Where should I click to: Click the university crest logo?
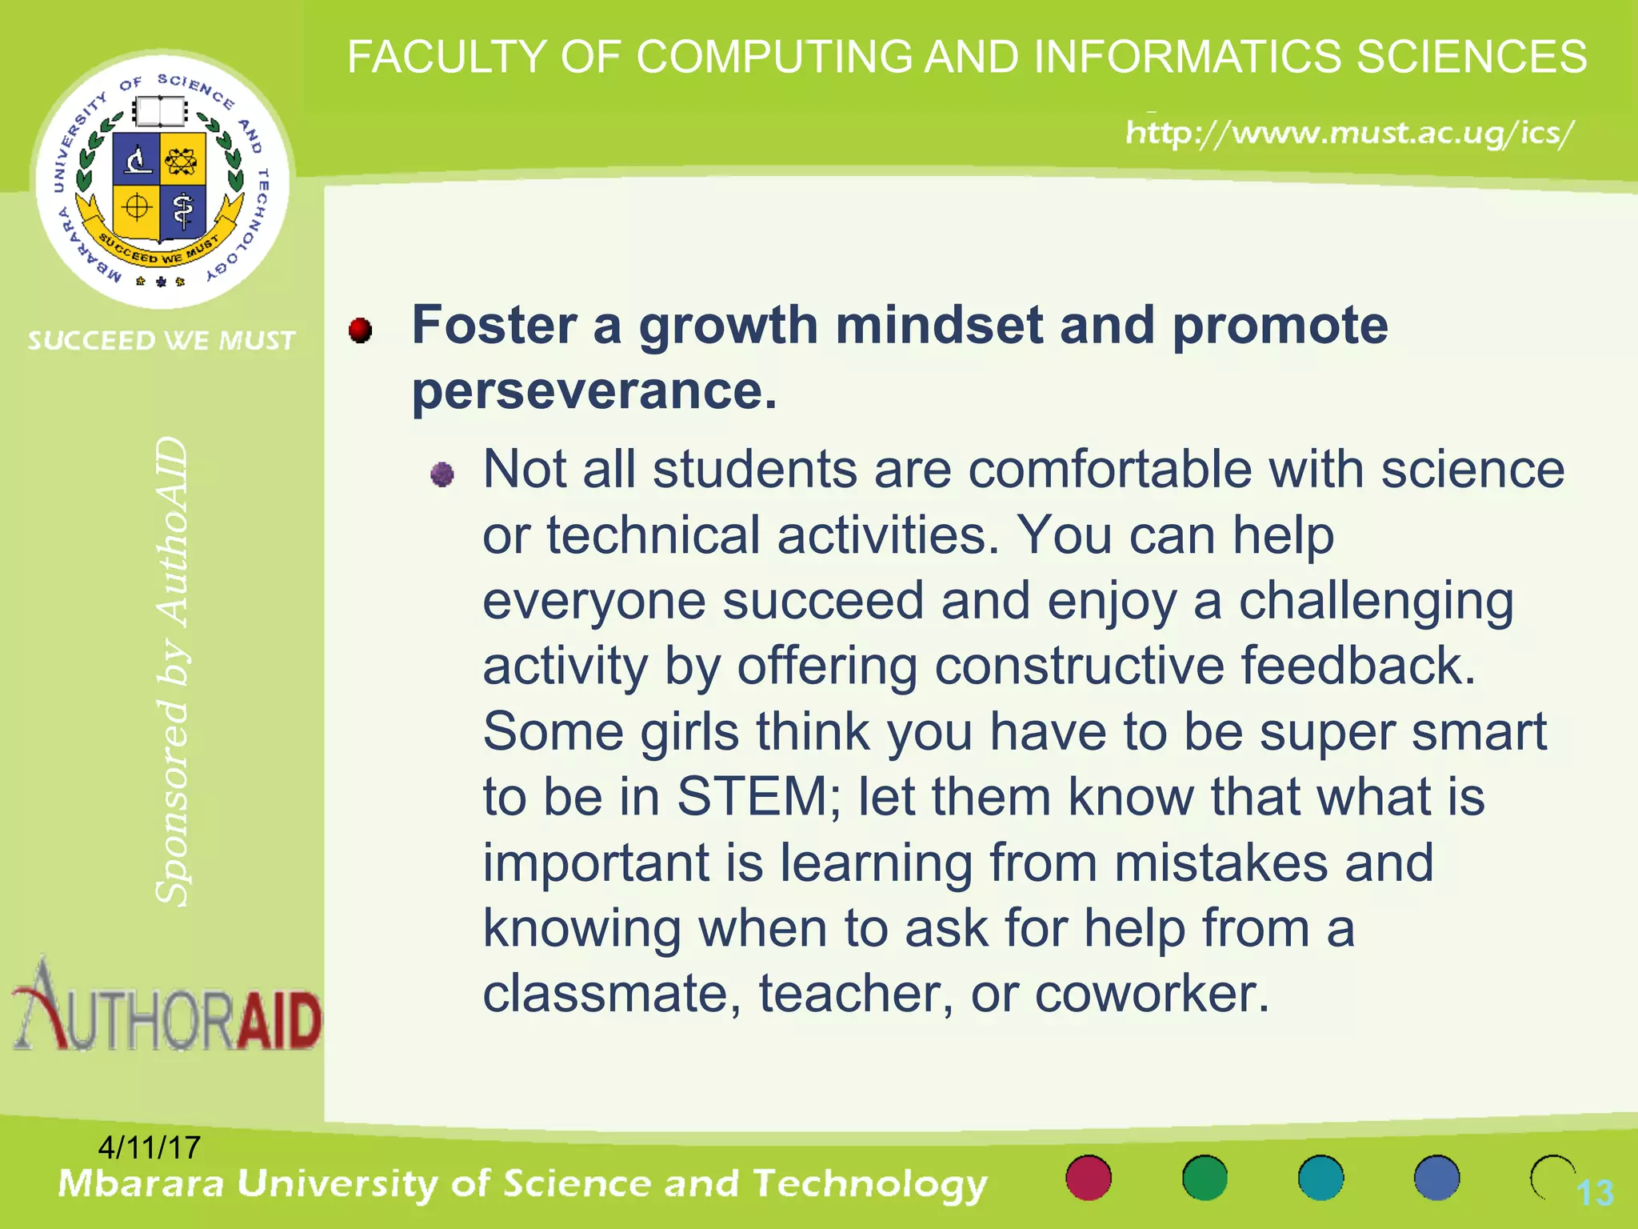pyautogui.click(x=162, y=180)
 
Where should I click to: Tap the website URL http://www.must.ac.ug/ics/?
pyautogui.click(x=1350, y=133)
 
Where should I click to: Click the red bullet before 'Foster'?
pyautogui.click(x=361, y=330)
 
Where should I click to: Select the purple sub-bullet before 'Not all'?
pyautogui.click(x=442, y=474)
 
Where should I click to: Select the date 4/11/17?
pyautogui.click(x=149, y=1147)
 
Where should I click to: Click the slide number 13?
pyautogui.click(x=1595, y=1193)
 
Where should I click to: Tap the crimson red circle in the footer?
pyautogui.click(x=1089, y=1178)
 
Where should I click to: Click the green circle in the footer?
pyautogui.click(x=1205, y=1178)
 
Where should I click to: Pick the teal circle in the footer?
pyautogui.click(x=1320, y=1178)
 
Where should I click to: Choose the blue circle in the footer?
pyautogui.click(x=1436, y=1178)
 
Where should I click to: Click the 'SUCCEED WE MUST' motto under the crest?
pyautogui.click(x=162, y=341)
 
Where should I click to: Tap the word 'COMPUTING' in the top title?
pyautogui.click(x=773, y=58)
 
